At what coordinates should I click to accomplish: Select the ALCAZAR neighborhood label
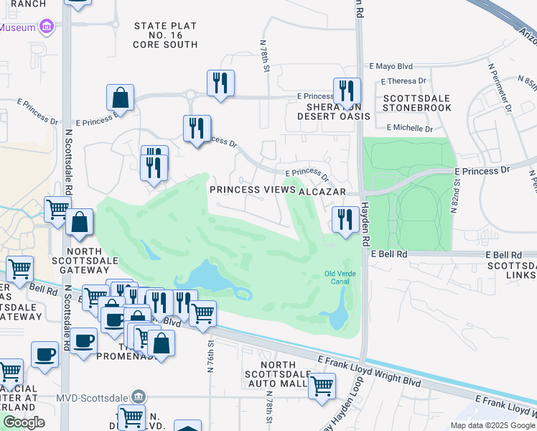(323, 192)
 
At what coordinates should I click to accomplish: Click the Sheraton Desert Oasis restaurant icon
(347, 91)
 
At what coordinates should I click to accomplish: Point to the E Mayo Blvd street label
(391, 64)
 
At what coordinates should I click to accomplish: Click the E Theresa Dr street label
(403, 81)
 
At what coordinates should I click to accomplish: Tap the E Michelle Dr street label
(410, 129)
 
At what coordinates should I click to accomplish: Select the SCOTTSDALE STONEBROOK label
(417, 103)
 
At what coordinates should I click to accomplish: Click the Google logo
(24, 422)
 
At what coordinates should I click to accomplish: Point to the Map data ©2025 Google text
(492, 425)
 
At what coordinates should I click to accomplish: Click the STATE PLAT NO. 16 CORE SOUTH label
(165, 35)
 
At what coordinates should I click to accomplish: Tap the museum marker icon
(47, 28)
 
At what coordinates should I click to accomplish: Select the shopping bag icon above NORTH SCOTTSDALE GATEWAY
(80, 222)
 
